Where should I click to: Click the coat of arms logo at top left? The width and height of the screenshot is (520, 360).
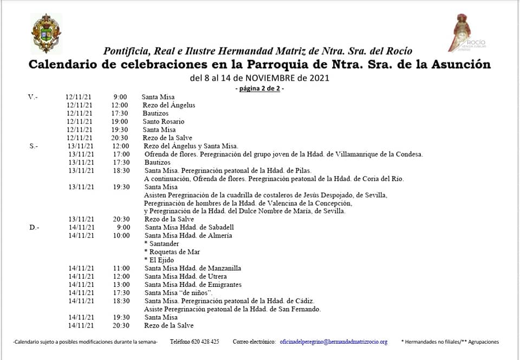[x=47, y=34]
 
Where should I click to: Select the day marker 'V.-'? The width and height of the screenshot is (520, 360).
[x=33, y=97]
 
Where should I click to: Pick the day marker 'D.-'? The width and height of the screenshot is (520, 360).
[x=34, y=227]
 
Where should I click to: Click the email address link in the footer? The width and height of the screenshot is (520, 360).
[x=333, y=342]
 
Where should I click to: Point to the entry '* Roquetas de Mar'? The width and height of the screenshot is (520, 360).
[x=172, y=252]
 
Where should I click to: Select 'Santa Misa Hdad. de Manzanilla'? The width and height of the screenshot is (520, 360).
[x=193, y=268]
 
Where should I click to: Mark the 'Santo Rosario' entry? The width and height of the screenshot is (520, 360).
[x=164, y=121]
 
